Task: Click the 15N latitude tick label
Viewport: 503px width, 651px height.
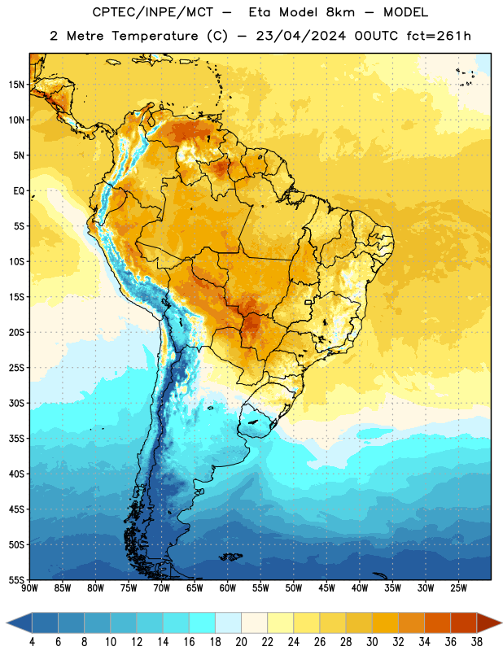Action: click(x=16, y=85)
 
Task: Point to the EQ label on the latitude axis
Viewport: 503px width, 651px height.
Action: click(x=19, y=191)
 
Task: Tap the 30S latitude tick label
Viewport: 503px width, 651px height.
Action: click(x=16, y=403)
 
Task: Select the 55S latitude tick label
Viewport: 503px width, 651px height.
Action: click(x=16, y=579)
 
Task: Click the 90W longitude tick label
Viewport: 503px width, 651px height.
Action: click(x=29, y=588)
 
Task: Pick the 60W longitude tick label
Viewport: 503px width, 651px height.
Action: click(x=228, y=588)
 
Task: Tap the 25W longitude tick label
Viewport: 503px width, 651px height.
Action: click(x=458, y=588)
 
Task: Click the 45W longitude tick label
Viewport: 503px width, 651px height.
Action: click(x=326, y=588)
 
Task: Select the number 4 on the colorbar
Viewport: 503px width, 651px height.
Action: click(x=32, y=642)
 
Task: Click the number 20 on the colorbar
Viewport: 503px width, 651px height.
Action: click(x=241, y=642)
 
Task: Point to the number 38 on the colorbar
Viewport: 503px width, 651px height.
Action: click(x=476, y=642)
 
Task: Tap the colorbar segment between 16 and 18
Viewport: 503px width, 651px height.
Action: click(x=202, y=623)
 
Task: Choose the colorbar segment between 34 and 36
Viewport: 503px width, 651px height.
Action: click(x=437, y=623)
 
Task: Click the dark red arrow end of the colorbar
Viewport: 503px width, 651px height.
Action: click(x=488, y=623)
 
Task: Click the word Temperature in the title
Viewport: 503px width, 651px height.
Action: click(x=155, y=36)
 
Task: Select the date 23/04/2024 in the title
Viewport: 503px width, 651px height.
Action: click(x=300, y=36)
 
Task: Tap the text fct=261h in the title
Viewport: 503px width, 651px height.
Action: click(x=439, y=36)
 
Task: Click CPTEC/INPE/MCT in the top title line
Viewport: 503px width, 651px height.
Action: click(x=152, y=12)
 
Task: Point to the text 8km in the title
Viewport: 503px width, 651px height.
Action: click(x=340, y=12)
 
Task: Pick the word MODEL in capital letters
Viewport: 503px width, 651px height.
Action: click(x=405, y=12)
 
